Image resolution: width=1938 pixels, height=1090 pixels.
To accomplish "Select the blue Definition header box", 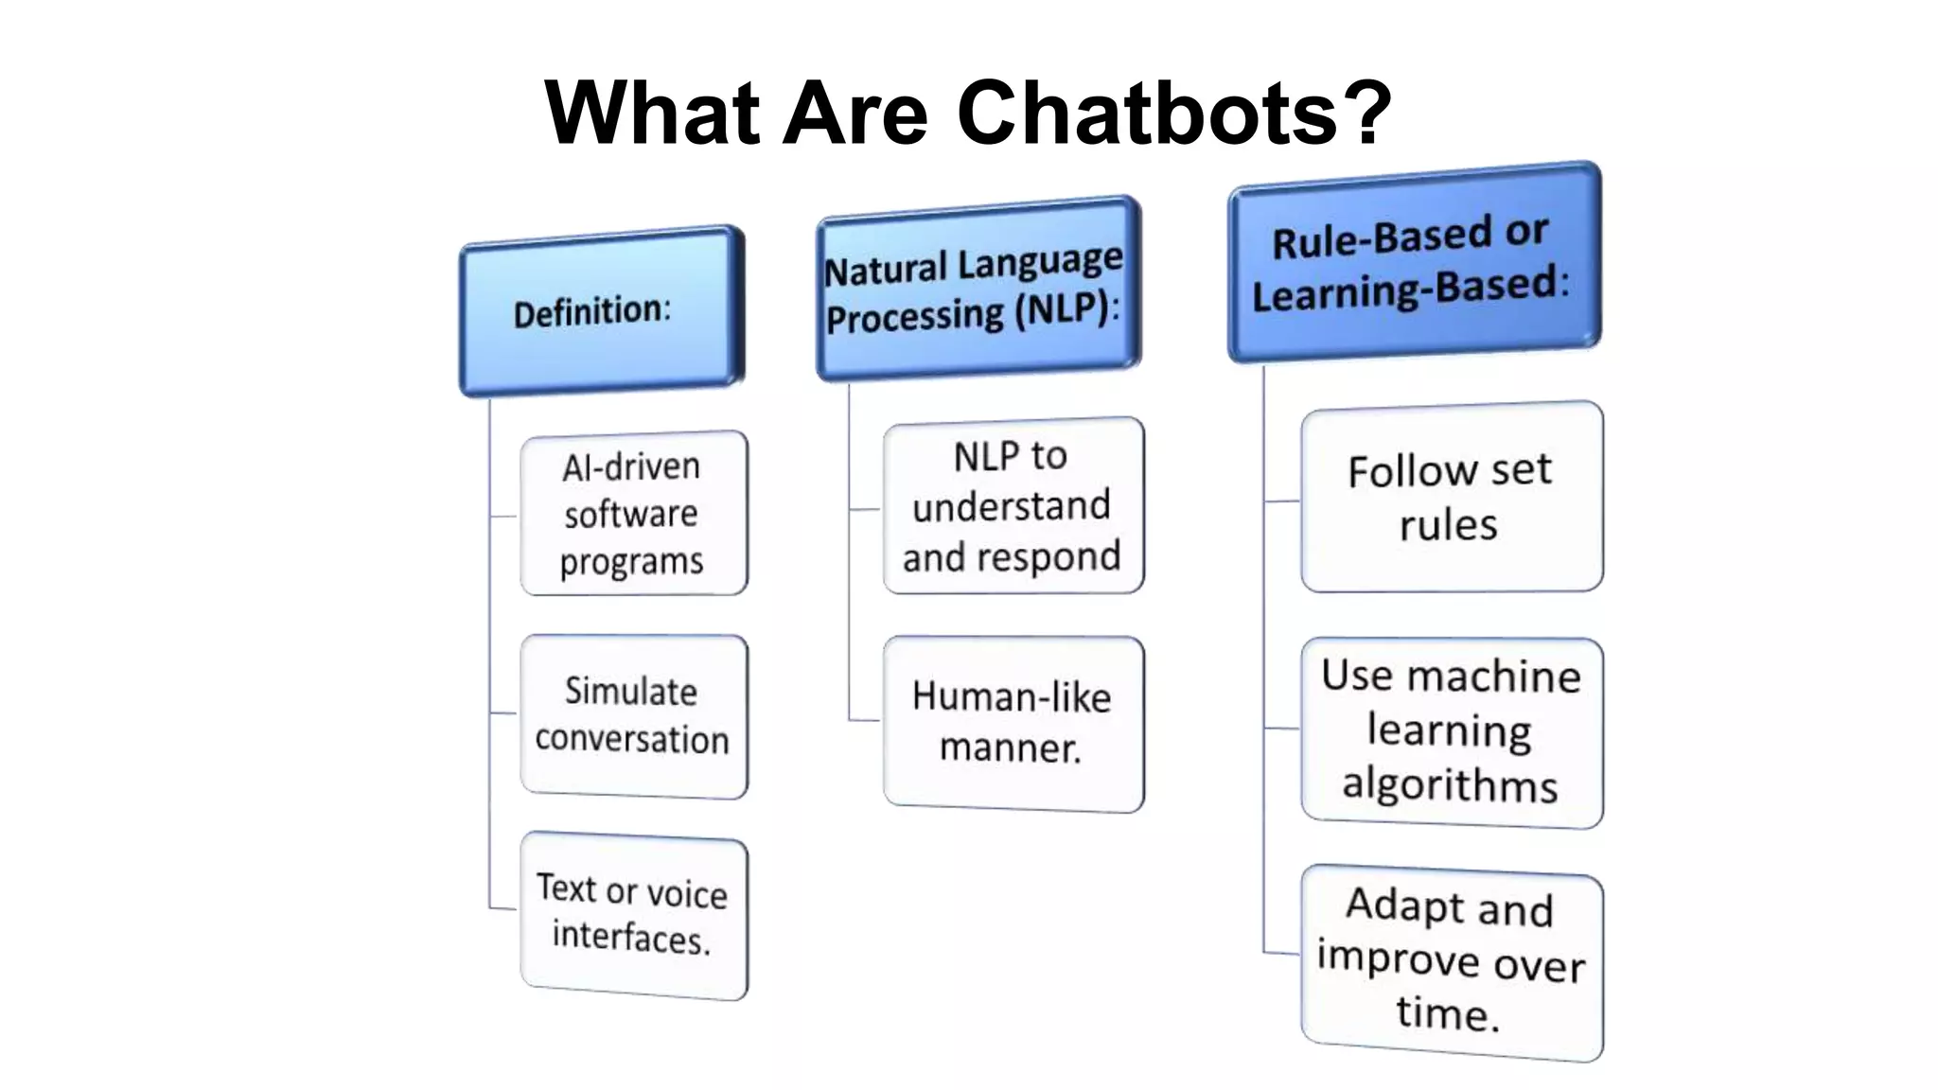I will point(602,311).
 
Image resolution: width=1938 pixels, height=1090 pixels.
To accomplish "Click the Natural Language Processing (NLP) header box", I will point(978,289).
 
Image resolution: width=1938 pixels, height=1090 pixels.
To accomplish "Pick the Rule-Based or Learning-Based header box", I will point(1414,262).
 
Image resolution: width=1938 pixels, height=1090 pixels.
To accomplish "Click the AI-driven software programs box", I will point(633,514).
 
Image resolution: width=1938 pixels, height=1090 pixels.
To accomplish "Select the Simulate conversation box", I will point(633,716).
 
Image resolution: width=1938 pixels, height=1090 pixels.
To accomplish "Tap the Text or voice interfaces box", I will point(633,915).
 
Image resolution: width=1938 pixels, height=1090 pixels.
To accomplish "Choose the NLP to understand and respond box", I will point(1013,506).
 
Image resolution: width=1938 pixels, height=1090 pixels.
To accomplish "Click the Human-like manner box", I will point(1013,723).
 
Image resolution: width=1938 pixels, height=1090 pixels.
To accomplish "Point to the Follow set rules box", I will point(1451,498).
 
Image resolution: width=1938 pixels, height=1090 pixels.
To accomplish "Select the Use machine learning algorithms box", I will point(1451,731).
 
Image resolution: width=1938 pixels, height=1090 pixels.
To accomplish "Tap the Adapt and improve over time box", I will point(1451,961).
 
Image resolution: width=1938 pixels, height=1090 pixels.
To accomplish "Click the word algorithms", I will point(1449,786).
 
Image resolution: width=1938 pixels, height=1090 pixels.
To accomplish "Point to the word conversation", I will point(632,740).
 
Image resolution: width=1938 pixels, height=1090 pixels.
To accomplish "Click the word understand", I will point(1011,506).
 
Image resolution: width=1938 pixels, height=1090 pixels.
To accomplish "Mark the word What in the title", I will point(652,113).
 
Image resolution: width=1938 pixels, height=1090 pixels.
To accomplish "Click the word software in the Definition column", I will point(630,515).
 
